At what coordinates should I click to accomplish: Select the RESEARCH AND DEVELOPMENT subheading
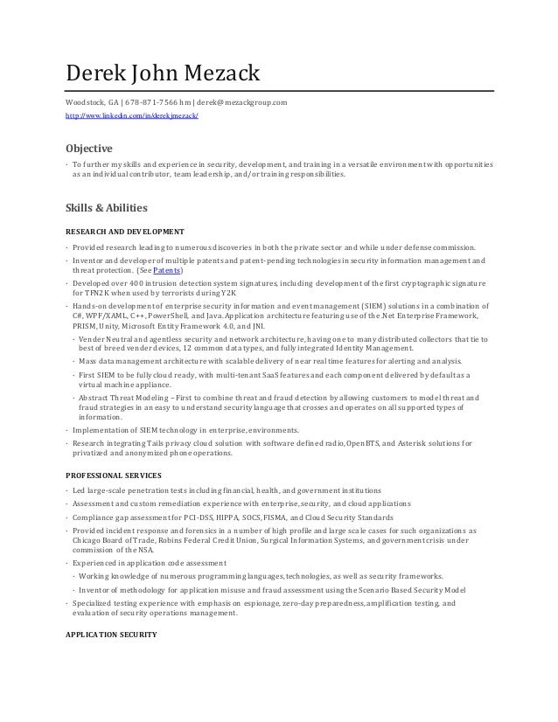point(125,232)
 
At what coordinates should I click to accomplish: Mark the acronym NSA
point(139,552)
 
